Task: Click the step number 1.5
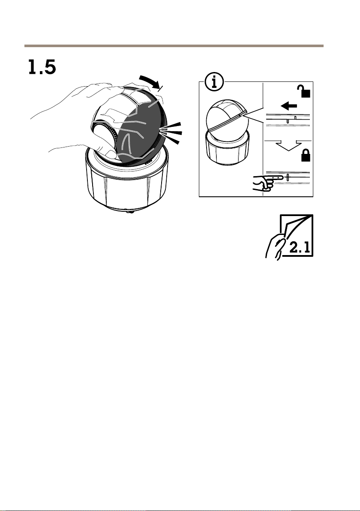coord(42,67)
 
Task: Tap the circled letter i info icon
coord(214,82)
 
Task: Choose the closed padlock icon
coord(305,156)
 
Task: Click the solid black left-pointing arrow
coord(289,105)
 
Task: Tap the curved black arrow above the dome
coord(150,81)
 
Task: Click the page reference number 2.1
coord(300,248)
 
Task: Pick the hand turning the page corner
coord(275,246)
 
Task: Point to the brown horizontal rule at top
coord(174,46)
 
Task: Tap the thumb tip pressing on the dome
coord(110,154)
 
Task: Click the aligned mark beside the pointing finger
coord(288,177)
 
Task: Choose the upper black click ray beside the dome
coord(171,126)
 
